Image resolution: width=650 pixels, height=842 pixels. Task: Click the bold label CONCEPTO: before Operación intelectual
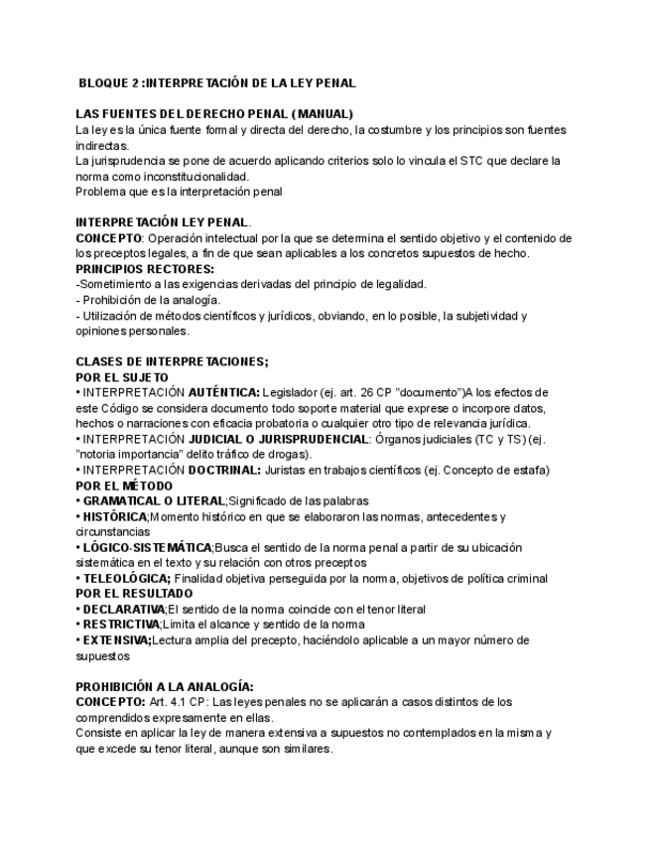pyautogui.click(x=109, y=238)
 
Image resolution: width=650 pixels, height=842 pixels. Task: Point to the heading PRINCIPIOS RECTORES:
pyautogui.click(x=145, y=269)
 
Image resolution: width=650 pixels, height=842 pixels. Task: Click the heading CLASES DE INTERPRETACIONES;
pyautogui.click(x=172, y=362)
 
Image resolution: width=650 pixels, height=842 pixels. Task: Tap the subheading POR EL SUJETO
pyautogui.click(x=122, y=378)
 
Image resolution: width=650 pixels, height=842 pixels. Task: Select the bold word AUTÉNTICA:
pyautogui.click(x=224, y=393)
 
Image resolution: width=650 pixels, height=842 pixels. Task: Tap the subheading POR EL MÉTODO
pyautogui.click(x=125, y=486)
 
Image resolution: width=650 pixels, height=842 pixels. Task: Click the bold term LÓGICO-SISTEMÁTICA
pyautogui.click(x=148, y=548)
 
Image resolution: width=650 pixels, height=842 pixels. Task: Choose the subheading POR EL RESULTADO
pyautogui.click(x=135, y=594)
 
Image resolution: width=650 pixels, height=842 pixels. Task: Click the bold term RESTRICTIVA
pyautogui.click(x=121, y=625)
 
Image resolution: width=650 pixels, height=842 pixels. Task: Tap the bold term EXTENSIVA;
pyautogui.click(x=117, y=640)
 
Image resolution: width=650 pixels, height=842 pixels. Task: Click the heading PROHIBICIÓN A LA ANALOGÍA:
pyautogui.click(x=166, y=686)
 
